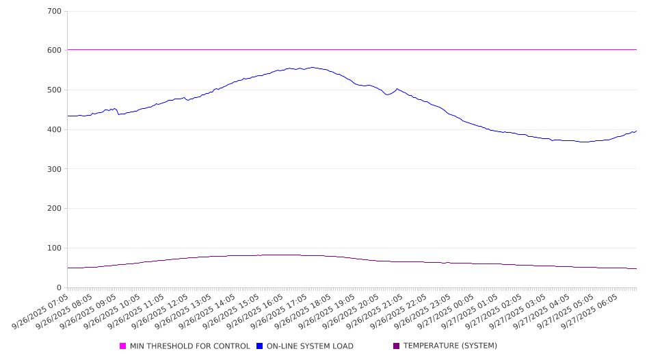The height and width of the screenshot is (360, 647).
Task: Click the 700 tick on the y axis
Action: pos(54,12)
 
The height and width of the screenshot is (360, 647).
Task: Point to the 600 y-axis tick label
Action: pos(54,51)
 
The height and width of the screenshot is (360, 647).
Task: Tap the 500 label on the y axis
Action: pos(54,90)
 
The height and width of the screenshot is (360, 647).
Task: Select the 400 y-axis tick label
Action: pos(54,130)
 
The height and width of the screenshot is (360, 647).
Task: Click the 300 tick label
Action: pos(54,169)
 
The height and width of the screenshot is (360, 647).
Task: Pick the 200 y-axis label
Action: pos(54,209)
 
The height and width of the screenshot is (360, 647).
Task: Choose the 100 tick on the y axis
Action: pos(54,248)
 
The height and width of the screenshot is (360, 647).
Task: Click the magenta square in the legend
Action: pos(123,346)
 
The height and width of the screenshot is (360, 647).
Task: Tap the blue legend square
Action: pos(260,346)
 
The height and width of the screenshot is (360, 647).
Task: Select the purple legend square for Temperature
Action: pos(397,346)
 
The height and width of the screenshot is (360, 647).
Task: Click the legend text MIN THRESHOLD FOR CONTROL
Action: pos(189,346)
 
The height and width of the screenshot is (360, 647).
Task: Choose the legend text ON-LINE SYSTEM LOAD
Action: pos(310,346)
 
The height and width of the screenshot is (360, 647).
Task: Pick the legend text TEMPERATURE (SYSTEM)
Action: pos(450,346)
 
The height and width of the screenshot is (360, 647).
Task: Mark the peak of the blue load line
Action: pos(313,67)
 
